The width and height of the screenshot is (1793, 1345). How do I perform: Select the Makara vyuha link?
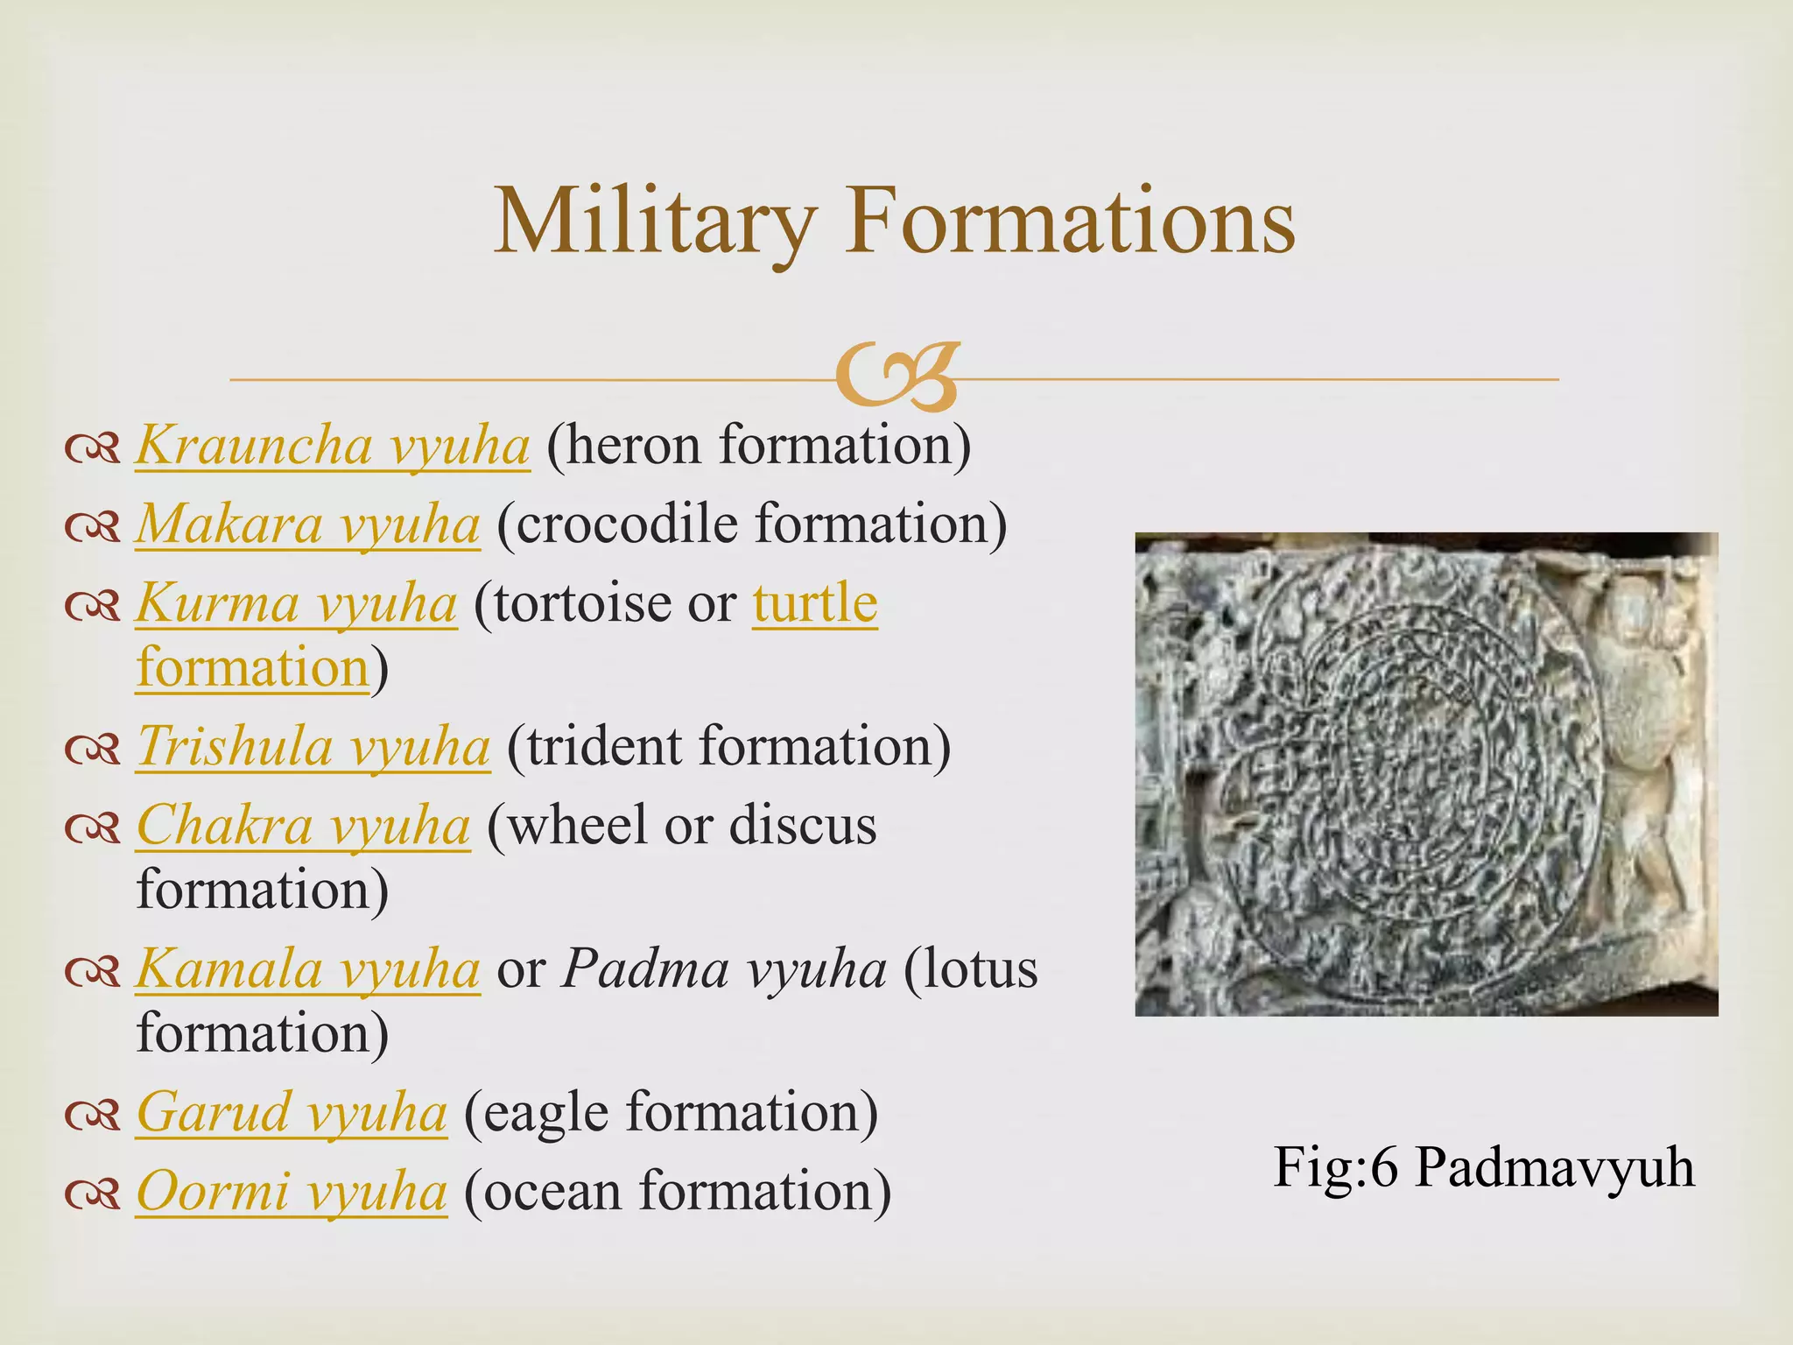pos(307,525)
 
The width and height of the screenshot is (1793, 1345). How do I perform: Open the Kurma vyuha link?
pos(296,604)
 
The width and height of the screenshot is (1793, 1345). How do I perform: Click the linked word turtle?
pos(814,604)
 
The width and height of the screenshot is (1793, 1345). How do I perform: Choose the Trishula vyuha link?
pos(313,748)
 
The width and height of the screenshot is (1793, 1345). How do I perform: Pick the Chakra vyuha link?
pos(303,827)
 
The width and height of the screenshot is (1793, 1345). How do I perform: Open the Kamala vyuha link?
pos(307,970)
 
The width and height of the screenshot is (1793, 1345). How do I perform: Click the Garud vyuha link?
pos(292,1114)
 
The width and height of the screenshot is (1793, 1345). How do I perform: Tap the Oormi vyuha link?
pos(292,1193)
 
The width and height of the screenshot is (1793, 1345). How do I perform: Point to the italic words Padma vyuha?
pos(724,970)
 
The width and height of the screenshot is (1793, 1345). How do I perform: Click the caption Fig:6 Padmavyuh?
pos(1483,1168)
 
